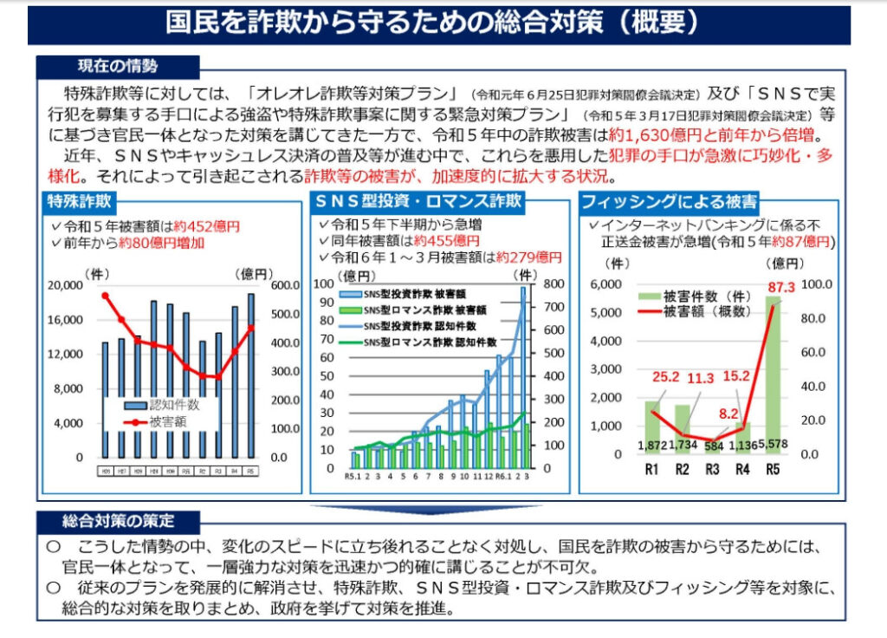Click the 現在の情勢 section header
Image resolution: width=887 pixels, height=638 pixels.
pos(118,67)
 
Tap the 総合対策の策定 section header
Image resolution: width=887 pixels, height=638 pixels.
pos(118,522)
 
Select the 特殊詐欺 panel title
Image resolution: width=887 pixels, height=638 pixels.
pos(80,202)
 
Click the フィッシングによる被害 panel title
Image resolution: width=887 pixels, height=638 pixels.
pos(669,202)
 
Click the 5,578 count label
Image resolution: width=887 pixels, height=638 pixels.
pos(774,445)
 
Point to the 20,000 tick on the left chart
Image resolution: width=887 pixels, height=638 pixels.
pos(65,286)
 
